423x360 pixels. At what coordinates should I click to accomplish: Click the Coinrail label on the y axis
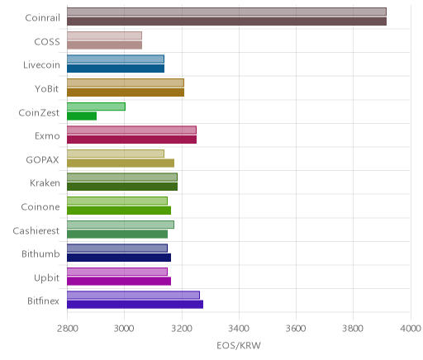42,18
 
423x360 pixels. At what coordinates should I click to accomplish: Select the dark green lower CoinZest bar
82,116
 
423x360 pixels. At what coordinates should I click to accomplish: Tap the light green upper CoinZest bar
96,107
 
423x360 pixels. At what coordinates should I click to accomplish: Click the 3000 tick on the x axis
124,329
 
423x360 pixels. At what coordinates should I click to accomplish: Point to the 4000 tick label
411,329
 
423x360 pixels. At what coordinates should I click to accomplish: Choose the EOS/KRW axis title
239,346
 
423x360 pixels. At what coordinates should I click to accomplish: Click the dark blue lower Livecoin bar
116,69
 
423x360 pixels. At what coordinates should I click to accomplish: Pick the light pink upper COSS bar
104,36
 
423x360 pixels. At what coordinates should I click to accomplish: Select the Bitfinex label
43,301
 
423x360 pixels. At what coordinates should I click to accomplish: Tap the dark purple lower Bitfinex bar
135,305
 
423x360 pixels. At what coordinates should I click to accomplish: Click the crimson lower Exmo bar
131,140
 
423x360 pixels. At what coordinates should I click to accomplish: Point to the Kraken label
45,183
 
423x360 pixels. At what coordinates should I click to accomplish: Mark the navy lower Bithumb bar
119,258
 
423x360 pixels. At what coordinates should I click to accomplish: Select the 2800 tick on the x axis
67,329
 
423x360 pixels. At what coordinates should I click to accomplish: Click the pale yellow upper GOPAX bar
116,154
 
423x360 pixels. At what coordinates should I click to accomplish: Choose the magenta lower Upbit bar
119,281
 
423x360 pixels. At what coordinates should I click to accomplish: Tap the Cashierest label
36,230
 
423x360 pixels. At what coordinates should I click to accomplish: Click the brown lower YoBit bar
126,92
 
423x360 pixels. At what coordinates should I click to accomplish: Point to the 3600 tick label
296,329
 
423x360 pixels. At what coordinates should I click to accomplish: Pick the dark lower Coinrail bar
226,21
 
